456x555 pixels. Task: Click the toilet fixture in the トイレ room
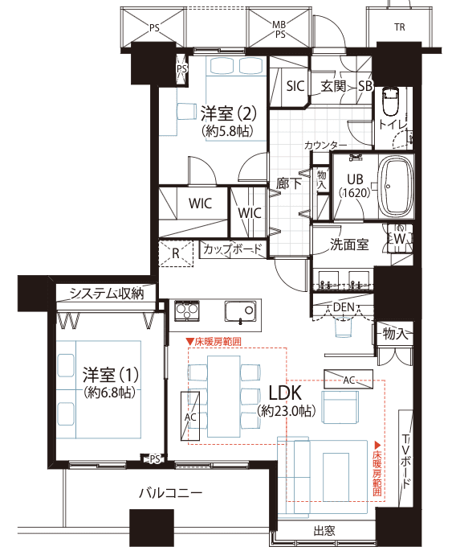pos(391,101)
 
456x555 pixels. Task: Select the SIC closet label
pos(295,86)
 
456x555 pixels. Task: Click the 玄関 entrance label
pos(332,86)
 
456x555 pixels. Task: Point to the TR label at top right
pos(400,27)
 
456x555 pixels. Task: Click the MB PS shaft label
pos(279,30)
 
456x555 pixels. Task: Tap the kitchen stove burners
pos(187,311)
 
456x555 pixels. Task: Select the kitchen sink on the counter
pos(241,311)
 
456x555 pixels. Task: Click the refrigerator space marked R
pos(176,253)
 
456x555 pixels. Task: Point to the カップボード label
pos(232,249)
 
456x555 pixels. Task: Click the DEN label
pos(344,307)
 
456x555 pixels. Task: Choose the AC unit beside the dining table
pos(190,416)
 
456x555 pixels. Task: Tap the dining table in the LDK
pos(224,397)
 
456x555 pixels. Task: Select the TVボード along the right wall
pos(405,458)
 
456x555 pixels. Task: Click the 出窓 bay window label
pos(324,531)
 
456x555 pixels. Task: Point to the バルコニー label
pos(171,493)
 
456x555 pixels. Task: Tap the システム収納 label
pos(106,294)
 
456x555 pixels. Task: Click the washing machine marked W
pos(400,238)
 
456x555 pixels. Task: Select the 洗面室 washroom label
pos(349,245)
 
